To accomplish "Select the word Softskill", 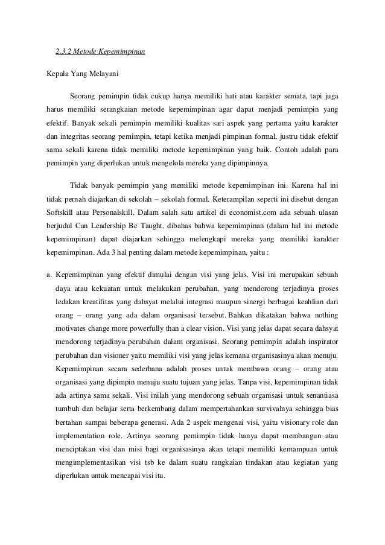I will point(61,212).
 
